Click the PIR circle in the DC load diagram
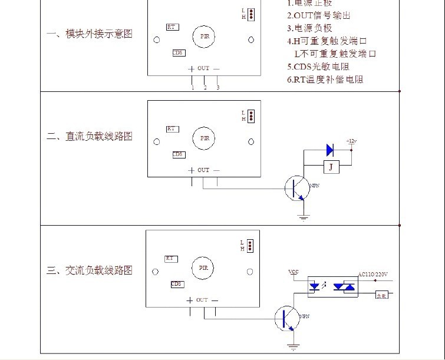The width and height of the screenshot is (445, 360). coord(205,138)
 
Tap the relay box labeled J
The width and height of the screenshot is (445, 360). coord(331,167)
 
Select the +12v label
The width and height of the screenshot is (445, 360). coord(352,141)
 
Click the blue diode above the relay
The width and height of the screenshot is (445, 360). coord(329,150)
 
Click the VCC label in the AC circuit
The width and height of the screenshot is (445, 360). coord(293,272)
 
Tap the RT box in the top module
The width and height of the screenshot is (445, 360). coord(172,27)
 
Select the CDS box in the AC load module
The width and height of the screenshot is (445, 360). coord(177,284)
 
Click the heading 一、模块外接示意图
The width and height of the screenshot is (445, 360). coord(90,34)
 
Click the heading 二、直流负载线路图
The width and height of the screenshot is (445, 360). coord(90,137)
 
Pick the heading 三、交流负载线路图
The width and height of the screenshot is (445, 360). coord(90,270)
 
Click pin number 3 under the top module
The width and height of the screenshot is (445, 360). coord(218,88)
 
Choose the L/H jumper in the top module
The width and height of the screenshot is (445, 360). coord(250,14)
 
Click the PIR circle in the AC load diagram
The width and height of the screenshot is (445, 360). coord(203,267)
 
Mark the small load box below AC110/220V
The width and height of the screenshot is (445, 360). coord(383,295)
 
